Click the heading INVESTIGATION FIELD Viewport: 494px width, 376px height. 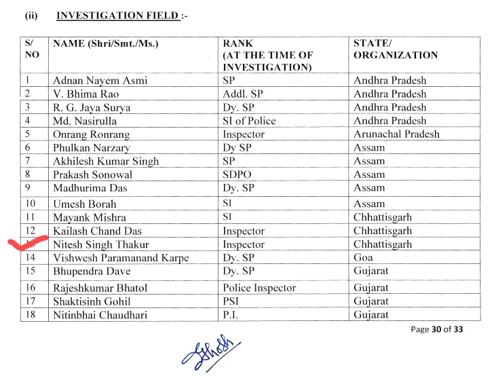pyautogui.click(x=119, y=14)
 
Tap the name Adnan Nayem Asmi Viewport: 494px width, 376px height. pyautogui.click(x=100, y=81)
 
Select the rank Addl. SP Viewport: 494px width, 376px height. pyautogui.click(x=243, y=94)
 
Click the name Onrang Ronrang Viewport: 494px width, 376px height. pyautogui.click(x=91, y=134)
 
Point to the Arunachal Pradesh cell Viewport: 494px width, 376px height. pyautogui.click(x=396, y=134)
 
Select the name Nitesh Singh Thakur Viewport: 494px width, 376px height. pyautogui.click(x=101, y=244)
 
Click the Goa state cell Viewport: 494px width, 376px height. pyautogui.click(x=364, y=258)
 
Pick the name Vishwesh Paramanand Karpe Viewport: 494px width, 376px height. pyautogui.click(x=121, y=258)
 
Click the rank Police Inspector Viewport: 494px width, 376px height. pyautogui.click(x=259, y=288)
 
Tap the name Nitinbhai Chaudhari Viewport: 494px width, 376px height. pyautogui.click(x=100, y=315)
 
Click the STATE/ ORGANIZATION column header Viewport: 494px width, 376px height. pyautogui.click(x=395, y=50)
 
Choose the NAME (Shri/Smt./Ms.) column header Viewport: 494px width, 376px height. pyautogui.click(x=105, y=44)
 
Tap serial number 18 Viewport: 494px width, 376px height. pyautogui.click(x=29, y=315)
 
